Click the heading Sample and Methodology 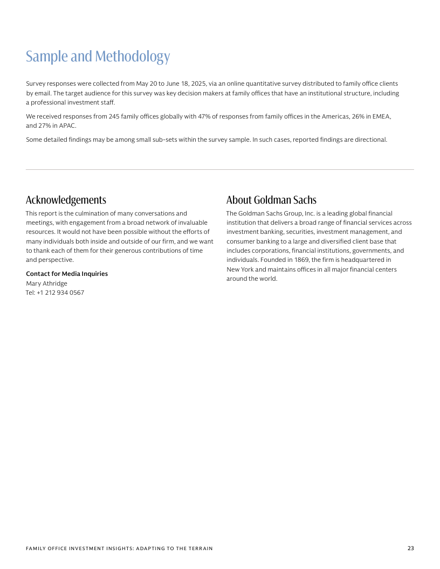98,57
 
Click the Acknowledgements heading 66,200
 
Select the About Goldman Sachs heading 271,200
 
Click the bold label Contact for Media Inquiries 67,274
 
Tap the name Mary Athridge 46,283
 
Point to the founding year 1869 301,260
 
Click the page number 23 410,549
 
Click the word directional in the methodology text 369,140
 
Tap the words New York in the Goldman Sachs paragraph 239,269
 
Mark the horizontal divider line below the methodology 220,170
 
